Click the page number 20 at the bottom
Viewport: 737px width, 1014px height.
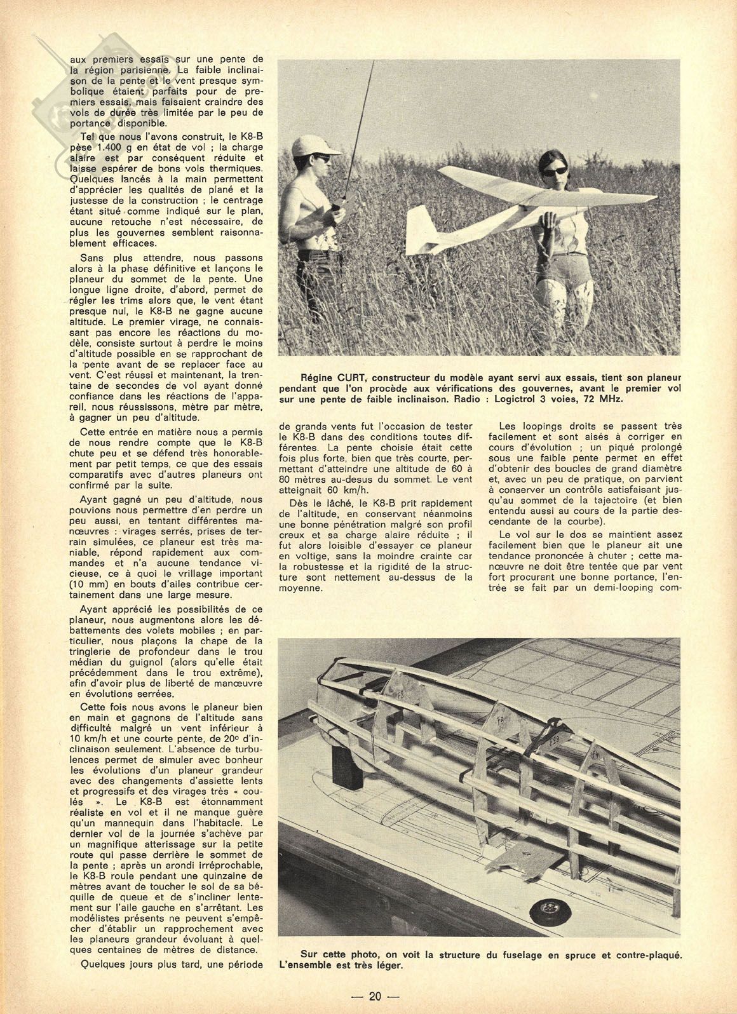coord(375,997)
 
